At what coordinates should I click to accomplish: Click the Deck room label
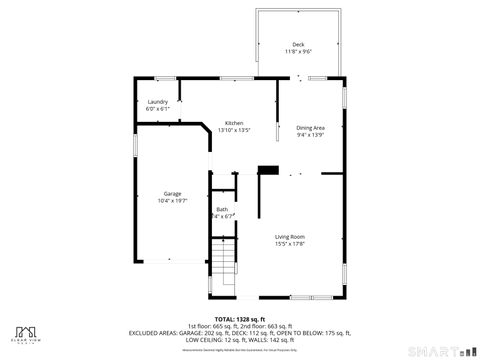(x=298, y=44)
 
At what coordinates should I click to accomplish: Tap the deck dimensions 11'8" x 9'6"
(x=298, y=51)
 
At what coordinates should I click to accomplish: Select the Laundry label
(x=158, y=101)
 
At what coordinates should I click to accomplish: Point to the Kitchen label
(x=234, y=123)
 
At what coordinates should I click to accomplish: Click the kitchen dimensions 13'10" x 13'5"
(x=234, y=130)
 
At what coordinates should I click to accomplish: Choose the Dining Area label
(x=310, y=127)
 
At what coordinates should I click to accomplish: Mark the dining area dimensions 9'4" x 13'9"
(x=310, y=134)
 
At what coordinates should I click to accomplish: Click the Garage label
(x=173, y=193)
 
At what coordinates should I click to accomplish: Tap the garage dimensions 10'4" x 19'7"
(x=173, y=200)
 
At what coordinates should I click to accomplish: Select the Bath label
(x=222, y=209)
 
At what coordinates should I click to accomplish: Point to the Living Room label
(x=290, y=236)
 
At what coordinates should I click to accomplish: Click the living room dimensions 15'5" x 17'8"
(x=290, y=243)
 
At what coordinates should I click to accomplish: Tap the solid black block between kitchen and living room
(x=267, y=170)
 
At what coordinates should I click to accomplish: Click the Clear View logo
(x=30, y=334)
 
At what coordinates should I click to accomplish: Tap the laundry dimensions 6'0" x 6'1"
(x=158, y=108)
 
